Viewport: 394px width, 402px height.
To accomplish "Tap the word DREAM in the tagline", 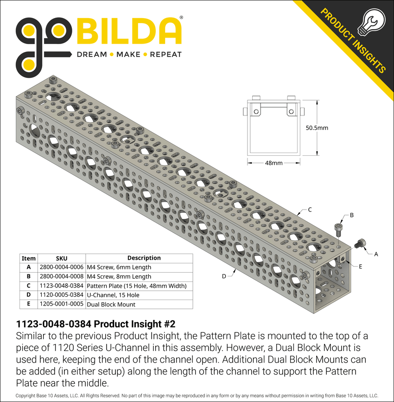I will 91,54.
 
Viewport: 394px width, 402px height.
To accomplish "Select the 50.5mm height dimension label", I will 317,127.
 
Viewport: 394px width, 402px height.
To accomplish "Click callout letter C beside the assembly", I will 310,210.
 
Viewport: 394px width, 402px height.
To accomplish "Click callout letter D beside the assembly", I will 223,276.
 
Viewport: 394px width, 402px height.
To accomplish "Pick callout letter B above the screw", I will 351,215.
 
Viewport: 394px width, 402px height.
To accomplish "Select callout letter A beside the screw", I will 375,254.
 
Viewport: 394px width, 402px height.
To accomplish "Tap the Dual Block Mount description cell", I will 111,304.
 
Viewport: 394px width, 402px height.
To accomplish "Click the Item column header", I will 29,258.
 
